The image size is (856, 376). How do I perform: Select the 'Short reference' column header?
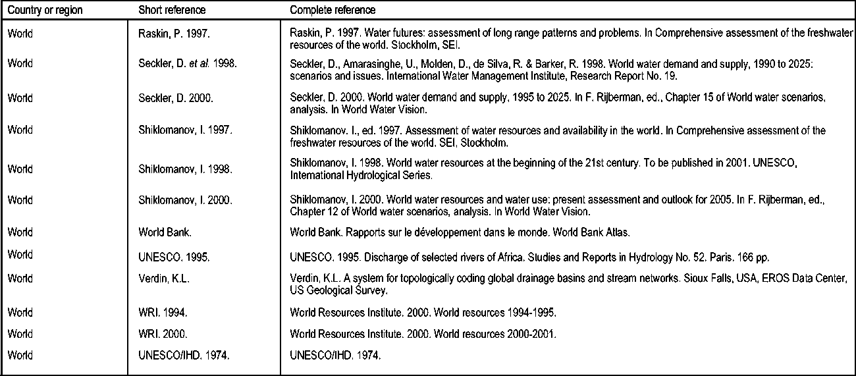click(x=172, y=11)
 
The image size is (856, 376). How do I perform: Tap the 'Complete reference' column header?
click(x=333, y=11)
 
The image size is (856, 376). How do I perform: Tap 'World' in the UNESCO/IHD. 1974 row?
click(x=20, y=356)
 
